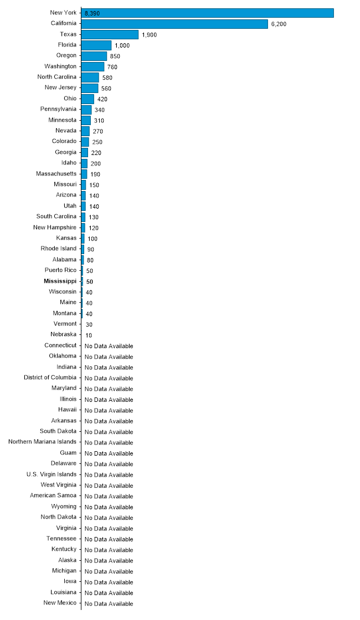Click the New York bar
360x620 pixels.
207,13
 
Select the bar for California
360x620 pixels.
174,24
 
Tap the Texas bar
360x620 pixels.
110,34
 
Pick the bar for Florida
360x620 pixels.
96,45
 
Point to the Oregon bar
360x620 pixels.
94,56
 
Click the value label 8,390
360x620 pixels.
92,13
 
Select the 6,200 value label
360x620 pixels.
279,24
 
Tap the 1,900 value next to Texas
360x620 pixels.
149,35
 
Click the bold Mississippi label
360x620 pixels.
60,281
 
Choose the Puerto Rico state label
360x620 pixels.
60,270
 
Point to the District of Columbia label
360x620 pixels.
50,377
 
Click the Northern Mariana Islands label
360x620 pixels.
42,442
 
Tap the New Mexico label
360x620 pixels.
60,603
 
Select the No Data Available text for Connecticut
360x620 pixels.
109,346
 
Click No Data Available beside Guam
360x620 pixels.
109,453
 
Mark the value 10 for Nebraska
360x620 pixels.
89,335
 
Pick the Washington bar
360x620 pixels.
93,66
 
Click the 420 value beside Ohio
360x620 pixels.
102,99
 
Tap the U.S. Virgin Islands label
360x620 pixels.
52,474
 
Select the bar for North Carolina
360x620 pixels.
90,77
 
